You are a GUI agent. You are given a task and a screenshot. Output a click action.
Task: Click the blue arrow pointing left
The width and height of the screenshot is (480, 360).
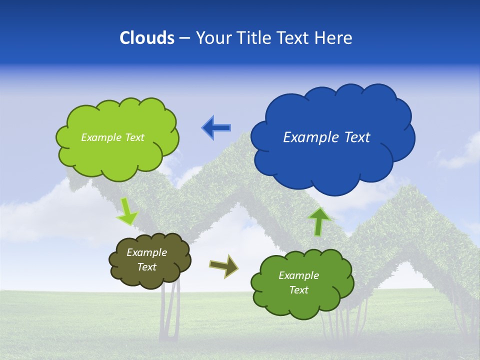[x=216, y=127]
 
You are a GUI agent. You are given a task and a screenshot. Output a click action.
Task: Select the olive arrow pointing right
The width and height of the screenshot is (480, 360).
[x=224, y=265]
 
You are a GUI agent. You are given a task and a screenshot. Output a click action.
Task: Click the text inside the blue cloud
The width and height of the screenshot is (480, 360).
[x=326, y=137]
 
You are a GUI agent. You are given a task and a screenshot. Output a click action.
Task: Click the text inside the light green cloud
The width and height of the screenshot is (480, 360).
[x=112, y=137]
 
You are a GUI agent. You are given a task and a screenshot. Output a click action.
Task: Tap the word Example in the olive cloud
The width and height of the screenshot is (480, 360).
[x=146, y=252]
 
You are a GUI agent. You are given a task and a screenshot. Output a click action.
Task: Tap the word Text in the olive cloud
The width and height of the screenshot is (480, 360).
[x=146, y=267]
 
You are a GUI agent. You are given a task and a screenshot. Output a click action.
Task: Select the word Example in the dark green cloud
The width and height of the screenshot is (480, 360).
[x=298, y=275]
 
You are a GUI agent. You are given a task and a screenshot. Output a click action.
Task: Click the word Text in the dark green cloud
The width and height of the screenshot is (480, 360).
[x=298, y=290]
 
